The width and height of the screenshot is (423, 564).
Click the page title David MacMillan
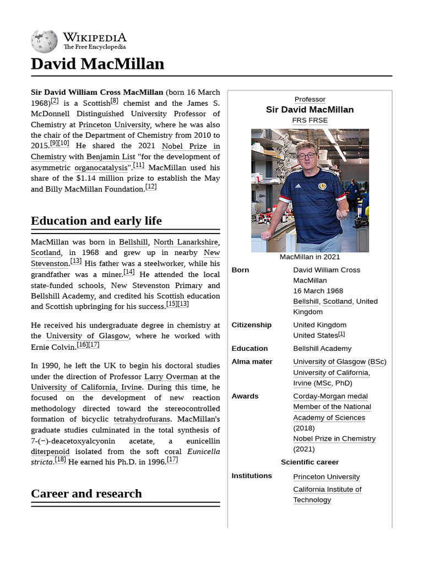pos(97,64)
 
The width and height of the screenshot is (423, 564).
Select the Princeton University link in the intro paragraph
pos(114,124)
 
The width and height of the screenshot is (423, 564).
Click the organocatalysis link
pos(100,167)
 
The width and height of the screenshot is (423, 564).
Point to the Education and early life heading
pos(96,221)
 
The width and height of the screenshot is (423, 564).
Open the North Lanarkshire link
pos(186,242)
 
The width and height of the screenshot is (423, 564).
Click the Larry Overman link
pos(171,377)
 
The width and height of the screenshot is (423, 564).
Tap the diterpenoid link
pos(50,451)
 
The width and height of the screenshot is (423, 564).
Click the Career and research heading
pos(86,493)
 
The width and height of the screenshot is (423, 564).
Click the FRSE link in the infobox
pos(318,120)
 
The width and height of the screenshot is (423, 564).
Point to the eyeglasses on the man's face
pos(306,156)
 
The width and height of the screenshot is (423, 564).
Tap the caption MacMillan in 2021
pos(310,257)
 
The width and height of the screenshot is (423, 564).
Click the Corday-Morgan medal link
pos(330,396)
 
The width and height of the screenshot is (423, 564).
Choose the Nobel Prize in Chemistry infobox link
pos(334,438)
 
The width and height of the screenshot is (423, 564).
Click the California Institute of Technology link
pos(327,495)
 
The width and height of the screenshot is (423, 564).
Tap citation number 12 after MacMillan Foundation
pos(151,187)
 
